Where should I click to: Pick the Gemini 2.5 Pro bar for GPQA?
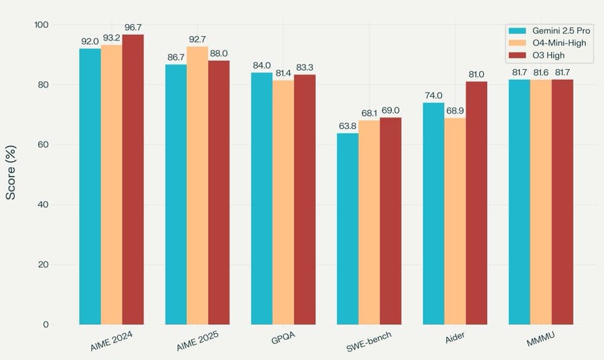coord(262,199)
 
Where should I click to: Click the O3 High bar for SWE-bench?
coord(391,221)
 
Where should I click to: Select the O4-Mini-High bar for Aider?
coord(455,221)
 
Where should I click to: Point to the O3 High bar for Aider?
coord(476,203)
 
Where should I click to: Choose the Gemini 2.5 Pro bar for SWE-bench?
coord(348,229)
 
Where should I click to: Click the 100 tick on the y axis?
coord(40,25)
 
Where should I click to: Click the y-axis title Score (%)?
coord(11,175)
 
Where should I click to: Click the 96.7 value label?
coord(133,27)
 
